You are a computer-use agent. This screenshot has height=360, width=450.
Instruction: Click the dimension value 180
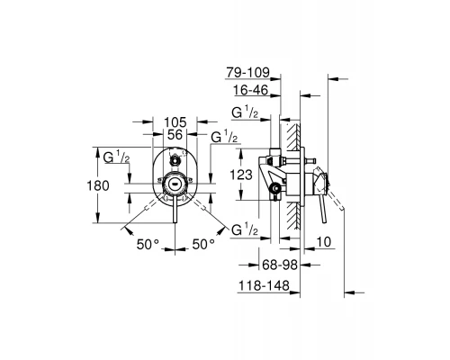click(x=98, y=186)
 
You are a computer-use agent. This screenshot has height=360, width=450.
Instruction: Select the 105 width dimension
click(x=175, y=122)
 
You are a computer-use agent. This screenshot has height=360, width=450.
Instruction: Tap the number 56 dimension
click(x=175, y=135)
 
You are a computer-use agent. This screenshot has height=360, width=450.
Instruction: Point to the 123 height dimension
click(x=241, y=175)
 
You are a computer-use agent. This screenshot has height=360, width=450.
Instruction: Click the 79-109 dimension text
click(x=248, y=73)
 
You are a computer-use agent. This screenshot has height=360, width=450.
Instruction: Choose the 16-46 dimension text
click(x=251, y=90)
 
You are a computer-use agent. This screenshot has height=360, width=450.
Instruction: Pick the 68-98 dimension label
click(x=280, y=265)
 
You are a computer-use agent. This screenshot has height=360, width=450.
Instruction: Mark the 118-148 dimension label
click(x=264, y=285)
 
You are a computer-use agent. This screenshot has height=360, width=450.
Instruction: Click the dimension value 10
click(x=323, y=242)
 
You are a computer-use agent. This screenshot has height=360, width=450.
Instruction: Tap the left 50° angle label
click(x=148, y=245)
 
